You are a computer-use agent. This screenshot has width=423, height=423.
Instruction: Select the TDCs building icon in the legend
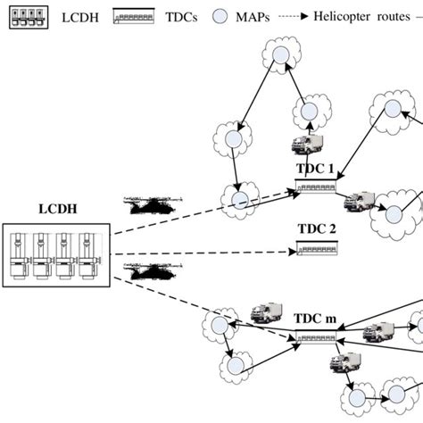pos(134,17)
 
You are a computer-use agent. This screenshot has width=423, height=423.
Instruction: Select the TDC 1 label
pos(315,169)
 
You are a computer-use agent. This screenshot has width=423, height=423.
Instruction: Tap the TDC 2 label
pos(317,230)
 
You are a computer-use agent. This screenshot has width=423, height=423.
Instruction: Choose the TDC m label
pos(316,319)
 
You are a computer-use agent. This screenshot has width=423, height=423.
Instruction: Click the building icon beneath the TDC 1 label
pos(316,187)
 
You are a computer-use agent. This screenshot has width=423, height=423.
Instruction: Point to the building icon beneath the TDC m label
pos(317,337)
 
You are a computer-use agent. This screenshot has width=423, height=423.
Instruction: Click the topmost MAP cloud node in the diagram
pos(280,55)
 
